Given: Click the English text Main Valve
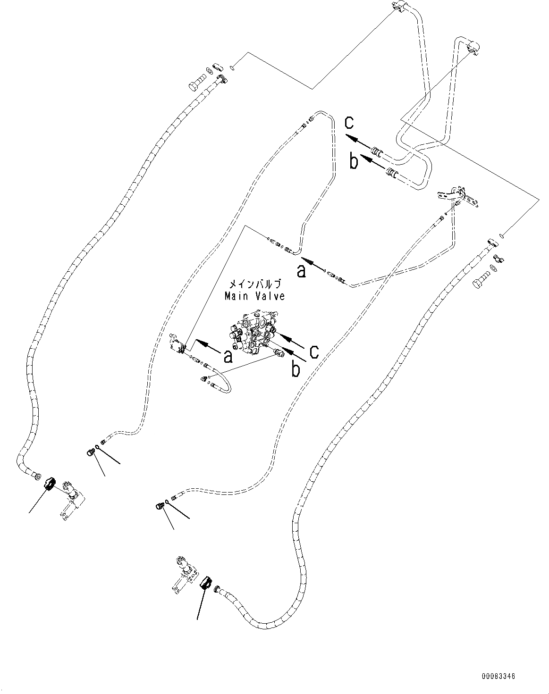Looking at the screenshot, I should point(254,296).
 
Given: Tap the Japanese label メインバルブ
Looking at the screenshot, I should point(255,284).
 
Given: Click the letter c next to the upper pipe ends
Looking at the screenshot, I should point(349,123).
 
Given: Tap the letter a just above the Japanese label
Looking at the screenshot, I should point(301,271).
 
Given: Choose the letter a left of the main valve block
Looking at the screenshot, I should point(228,358).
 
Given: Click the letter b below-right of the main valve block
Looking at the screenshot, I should point(296,370).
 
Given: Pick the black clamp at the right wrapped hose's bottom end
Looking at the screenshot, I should point(206,584).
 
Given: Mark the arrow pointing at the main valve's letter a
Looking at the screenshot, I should point(207,347).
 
